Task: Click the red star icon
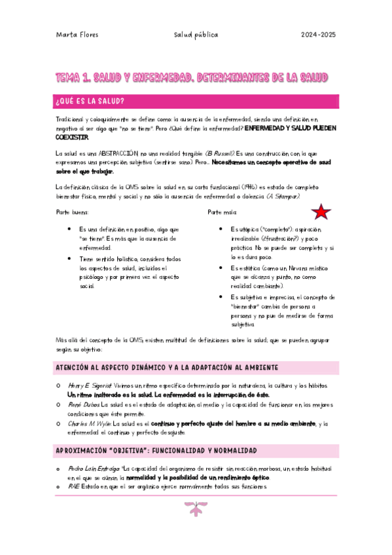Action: (321, 212)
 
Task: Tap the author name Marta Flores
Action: (77, 35)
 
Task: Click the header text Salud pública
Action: (196, 35)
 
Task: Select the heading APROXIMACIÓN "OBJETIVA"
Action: (156, 451)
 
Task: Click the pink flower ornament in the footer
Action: (196, 509)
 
